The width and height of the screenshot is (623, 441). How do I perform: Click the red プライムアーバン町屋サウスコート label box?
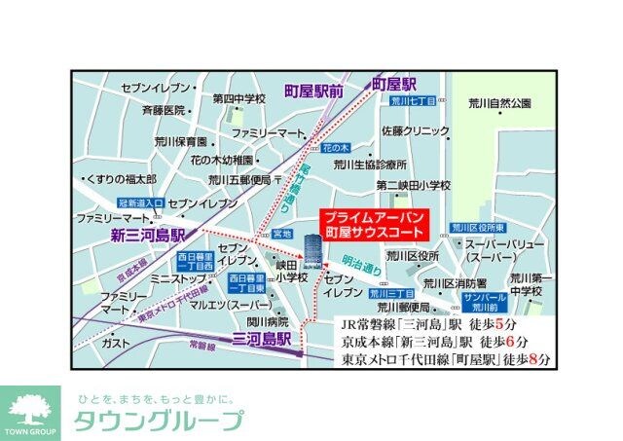[374, 225]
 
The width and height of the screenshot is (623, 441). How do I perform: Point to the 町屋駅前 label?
[313, 91]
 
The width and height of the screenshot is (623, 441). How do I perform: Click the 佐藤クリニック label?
[415, 129]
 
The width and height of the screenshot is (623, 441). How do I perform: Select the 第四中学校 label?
[239, 98]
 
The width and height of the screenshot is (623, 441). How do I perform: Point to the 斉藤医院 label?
[163, 110]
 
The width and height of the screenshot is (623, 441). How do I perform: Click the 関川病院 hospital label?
[268, 321]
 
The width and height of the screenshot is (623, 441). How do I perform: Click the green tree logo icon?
[30, 407]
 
